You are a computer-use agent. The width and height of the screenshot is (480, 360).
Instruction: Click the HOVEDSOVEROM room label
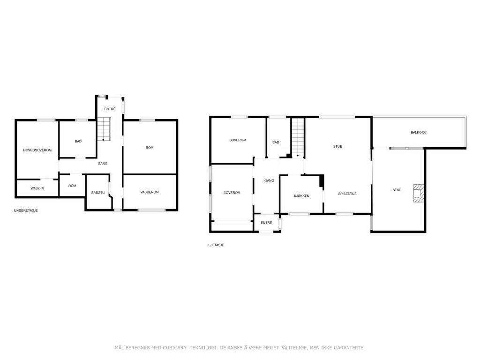[x=37, y=150]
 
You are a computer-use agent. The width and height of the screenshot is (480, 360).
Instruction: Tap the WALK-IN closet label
[x=37, y=188]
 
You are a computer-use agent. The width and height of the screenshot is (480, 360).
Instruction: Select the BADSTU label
[x=98, y=193]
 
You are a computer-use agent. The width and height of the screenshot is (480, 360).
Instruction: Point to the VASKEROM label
[x=150, y=192]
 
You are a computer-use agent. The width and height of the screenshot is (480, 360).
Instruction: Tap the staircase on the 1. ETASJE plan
[x=298, y=137]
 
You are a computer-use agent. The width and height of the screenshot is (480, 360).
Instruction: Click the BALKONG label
[x=419, y=133]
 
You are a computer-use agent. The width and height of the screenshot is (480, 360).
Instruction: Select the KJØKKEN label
[x=301, y=196]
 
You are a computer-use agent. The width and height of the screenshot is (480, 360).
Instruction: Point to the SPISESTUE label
[x=347, y=194]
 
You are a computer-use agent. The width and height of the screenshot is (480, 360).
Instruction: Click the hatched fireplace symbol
[x=418, y=193]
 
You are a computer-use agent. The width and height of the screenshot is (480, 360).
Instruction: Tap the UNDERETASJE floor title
[x=26, y=210]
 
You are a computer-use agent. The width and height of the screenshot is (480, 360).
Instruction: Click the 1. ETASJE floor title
[x=216, y=245]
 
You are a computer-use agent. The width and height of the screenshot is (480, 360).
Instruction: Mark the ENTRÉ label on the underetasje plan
[x=110, y=109]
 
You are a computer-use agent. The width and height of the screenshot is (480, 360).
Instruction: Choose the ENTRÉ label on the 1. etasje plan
[x=266, y=223]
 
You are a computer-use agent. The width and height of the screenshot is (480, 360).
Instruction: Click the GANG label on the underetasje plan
[x=103, y=164]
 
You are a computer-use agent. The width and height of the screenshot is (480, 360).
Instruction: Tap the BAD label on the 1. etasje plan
[x=276, y=142]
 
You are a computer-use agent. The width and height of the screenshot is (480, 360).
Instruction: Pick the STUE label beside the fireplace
[x=397, y=190]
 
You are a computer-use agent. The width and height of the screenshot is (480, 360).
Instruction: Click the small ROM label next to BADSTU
[x=72, y=186]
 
